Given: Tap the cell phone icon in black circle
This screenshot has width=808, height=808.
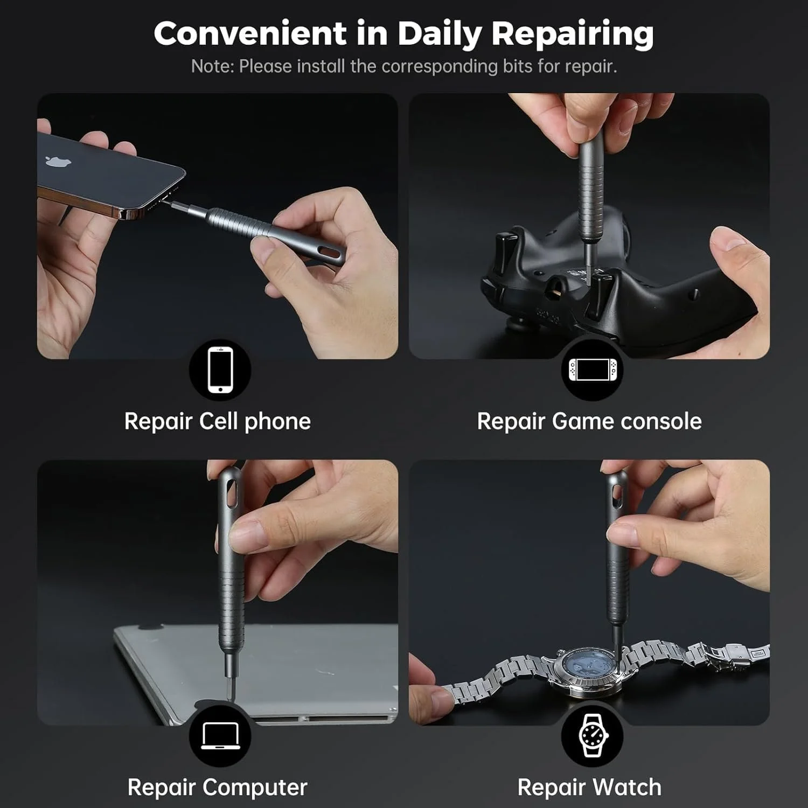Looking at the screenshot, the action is coord(220,370).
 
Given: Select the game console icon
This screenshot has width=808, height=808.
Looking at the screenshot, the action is coord(592,369).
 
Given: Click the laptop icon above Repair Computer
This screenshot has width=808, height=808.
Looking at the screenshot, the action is coord(220,736).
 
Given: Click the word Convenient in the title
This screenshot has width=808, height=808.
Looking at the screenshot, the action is coord(250,33).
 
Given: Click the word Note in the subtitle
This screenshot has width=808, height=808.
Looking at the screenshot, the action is coord(212,66).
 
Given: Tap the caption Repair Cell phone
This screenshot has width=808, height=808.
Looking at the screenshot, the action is coord(218,421).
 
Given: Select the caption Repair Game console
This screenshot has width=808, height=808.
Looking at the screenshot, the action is coord(589,421).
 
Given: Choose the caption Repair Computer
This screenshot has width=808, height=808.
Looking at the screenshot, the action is coord(218,788).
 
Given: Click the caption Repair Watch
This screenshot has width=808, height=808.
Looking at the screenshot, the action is coord(589,788).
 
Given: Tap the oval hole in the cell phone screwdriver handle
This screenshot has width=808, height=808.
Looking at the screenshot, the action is coord(329,252).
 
